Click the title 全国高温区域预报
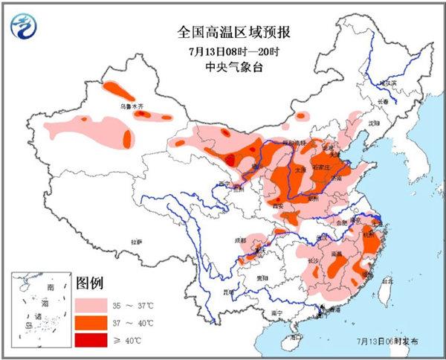(x=223, y=32)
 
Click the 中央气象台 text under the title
(x=223, y=68)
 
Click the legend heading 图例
(x=90, y=283)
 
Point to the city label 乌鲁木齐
(x=132, y=106)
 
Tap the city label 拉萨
(x=137, y=242)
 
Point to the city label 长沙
(x=315, y=260)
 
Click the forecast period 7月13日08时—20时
(x=223, y=51)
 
